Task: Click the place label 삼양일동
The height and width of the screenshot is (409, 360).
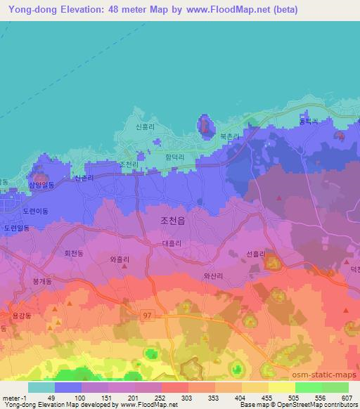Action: tap(41, 185)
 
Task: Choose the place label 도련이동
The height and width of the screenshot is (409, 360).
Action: tap(35, 210)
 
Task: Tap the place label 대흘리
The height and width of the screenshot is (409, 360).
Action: tap(172, 242)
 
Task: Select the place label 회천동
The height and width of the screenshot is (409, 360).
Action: tap(74, 252)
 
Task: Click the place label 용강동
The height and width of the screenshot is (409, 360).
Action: tap(21, 316)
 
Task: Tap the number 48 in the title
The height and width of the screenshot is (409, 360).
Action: tap(117, 10)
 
